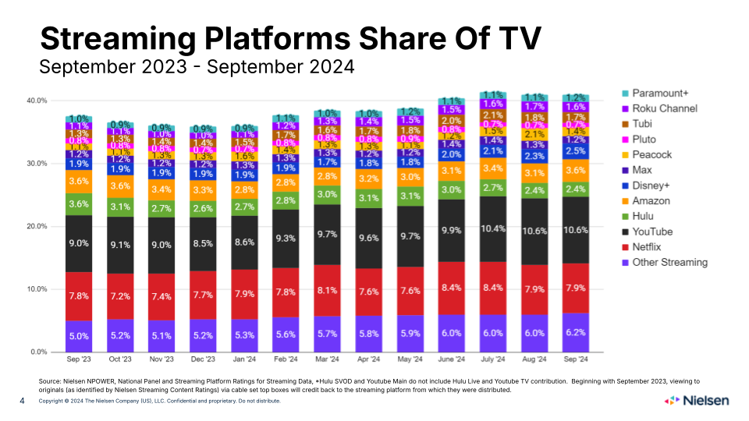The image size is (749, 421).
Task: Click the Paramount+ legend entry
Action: (658, 94)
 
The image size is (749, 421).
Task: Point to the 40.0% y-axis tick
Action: (37, 101)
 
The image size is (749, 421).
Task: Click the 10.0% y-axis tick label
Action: (37, 289)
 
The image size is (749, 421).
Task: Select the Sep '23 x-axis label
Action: (78, 361)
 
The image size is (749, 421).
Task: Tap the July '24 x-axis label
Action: (492, 361)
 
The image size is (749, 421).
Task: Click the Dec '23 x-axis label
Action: (202, 361)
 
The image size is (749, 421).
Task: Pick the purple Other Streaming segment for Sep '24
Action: (575, 332)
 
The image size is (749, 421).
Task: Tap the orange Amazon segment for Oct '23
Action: (119, 186)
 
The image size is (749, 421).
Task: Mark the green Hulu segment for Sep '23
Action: (78, 204)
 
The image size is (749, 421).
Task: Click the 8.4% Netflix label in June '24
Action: (450, 288)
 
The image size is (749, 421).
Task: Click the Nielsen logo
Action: (697, 401)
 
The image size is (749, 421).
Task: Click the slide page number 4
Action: (22, 401)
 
